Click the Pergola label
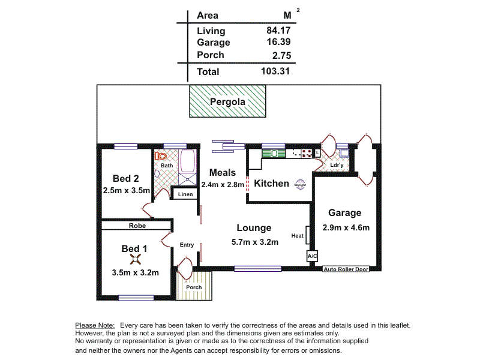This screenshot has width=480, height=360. [227, 102]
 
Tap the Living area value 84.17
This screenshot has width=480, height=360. [277, 31]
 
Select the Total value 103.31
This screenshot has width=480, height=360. [275, 71]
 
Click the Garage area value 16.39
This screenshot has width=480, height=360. [277, 43]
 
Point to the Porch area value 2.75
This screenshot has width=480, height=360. [280, 55]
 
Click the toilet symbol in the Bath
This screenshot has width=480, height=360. [160, 156]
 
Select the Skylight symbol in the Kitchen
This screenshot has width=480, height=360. [300, 185]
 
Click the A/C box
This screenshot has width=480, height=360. [312, 256]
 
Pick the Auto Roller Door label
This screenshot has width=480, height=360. [346, 269]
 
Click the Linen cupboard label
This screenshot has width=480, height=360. [185, 194]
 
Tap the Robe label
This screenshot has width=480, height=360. [137, 226]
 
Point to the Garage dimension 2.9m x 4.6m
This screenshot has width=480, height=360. [345, 227]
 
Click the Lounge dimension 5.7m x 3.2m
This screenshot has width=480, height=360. [254, 242]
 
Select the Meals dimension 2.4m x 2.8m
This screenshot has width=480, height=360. [223, 185]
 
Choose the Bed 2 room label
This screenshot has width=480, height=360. [126, 178]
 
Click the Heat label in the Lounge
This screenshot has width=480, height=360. [297, 236]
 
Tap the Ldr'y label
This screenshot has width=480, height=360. [337, 165]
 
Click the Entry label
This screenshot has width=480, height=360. [187, 245]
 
